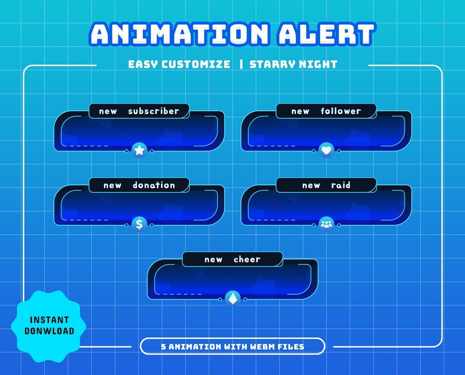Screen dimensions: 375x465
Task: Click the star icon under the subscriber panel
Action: [x=139, y=151]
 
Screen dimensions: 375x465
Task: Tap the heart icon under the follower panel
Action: [x=326, y=151]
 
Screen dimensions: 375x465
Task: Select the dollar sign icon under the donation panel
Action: [x=139, y=224]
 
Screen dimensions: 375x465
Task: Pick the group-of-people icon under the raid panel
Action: [x=326, y=224]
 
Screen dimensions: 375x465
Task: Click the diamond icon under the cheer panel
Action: [x=232, y=299]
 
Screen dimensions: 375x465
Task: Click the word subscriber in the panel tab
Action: [x=153, y=111]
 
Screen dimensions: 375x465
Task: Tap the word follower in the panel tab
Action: [x=341, y=111]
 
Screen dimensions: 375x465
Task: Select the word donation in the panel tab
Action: [x=154, y=185]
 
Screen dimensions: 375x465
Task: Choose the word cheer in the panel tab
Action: [x=247, y=260]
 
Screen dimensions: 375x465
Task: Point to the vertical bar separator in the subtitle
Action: [x=241, y=64]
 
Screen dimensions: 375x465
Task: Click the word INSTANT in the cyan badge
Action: [x=49, y=320]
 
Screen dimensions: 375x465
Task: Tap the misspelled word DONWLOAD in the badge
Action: [x=49, y=331]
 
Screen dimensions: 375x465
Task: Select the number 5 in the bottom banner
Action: [x=164, y=347]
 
